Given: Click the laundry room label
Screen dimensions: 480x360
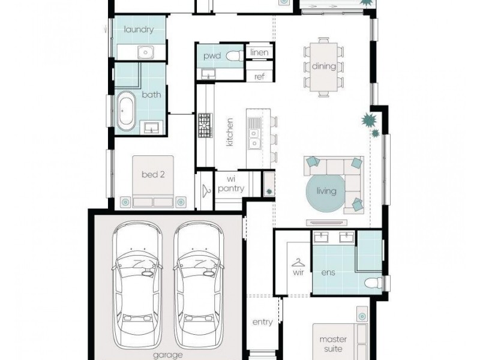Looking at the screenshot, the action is (139, 29).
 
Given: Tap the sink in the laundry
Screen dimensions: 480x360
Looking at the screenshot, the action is (146, 52).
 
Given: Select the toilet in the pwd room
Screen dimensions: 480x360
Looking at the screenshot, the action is (235, 56).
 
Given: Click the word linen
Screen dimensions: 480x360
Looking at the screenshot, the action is (259, 52).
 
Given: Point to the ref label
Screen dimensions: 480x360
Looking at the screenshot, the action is (259, 77).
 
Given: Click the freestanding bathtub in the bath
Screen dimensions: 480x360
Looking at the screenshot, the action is (126, 111).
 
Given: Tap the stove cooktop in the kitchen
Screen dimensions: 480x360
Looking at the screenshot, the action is (205, 125).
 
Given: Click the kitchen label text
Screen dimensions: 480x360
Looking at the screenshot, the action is (230, 132).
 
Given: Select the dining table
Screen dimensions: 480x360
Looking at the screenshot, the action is (324, 67).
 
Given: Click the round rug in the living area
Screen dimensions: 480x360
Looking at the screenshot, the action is (326, 191).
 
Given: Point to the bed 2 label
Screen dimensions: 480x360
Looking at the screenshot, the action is (153, 175).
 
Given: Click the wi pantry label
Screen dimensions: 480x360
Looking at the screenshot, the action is (231, 184).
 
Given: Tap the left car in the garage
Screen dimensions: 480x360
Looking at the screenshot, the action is (137, 284).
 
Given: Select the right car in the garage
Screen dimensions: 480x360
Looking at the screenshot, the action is (199, 284).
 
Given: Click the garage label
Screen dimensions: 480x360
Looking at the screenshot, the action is (168, 355).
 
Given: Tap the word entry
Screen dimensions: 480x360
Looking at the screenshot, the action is (262, 322).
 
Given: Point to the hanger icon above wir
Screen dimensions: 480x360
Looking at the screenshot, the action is (298, 262).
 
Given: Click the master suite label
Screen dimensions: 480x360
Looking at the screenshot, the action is (333, 344).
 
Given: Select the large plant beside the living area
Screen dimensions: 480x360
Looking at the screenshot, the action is (368, 120).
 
